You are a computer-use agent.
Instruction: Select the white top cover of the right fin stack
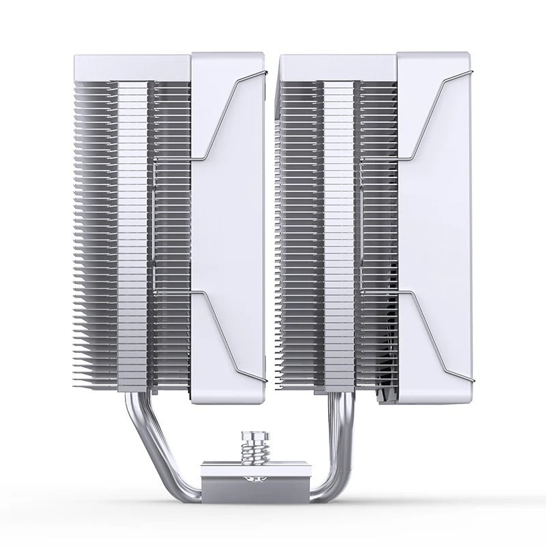coord(337,67)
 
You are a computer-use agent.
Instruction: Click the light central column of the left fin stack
coord(132,232)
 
